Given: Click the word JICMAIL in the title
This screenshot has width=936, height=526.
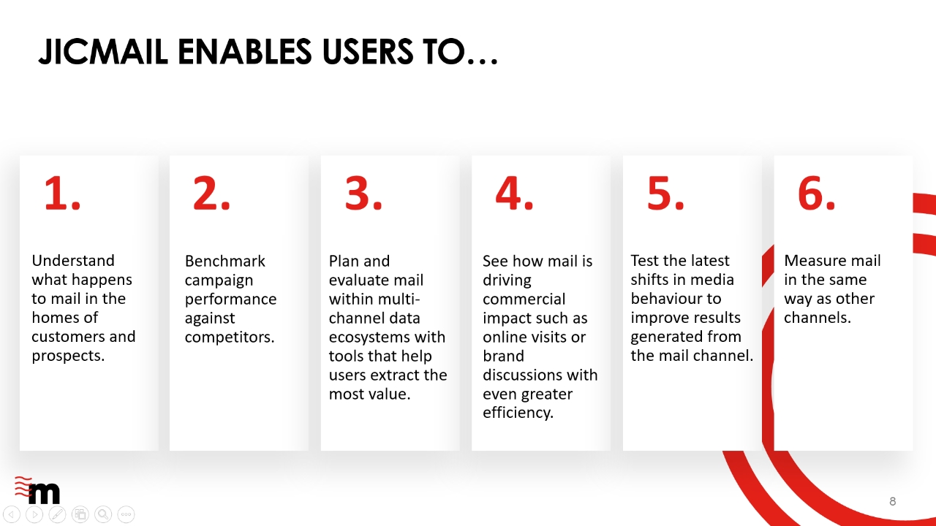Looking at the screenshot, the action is (103, 52).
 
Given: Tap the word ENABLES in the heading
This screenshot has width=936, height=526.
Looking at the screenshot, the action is (245, 52).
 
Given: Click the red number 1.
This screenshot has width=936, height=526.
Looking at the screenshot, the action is (62, 194).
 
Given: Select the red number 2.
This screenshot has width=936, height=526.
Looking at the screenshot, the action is (211, 194).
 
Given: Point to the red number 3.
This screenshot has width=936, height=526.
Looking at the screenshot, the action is (363, 194).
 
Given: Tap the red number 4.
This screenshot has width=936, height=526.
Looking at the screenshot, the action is (514, 194).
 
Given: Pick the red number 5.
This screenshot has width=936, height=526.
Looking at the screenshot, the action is (665, 194).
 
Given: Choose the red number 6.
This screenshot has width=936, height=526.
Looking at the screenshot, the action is (817, 194).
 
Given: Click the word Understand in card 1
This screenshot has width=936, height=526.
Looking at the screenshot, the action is (73, 261).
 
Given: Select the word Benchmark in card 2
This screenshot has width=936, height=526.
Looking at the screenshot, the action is (224, 261).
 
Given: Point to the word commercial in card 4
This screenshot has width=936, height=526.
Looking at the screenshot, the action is (524, 299).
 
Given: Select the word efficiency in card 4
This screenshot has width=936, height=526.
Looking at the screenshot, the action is (518, 413).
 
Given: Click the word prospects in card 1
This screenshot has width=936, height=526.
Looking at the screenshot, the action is (68, 356).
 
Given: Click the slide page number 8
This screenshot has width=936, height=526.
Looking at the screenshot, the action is (893, 501).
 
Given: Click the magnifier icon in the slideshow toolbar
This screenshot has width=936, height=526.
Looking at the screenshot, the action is (103, 514).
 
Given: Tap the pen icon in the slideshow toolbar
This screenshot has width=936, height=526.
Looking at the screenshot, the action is (57, 514).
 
